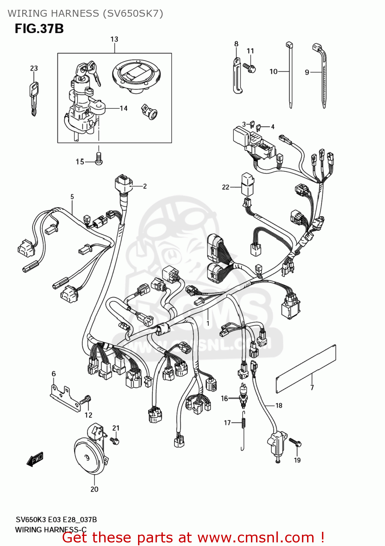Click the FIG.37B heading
[39, 29]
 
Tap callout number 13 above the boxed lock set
[114, 39]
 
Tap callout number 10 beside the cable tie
[273, 72]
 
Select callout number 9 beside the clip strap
[307, 72]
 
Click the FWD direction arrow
[35, 459]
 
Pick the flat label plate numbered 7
[306, 368]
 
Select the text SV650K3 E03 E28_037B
[56, 520]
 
